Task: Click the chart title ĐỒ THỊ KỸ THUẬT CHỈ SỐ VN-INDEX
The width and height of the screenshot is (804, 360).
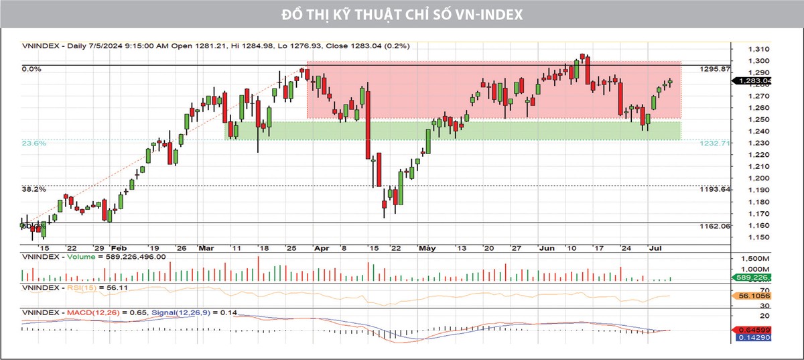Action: [401, 14]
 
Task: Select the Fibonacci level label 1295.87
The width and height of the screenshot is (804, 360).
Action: [714, 69]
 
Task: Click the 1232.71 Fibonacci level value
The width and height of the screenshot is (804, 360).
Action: [714, 143]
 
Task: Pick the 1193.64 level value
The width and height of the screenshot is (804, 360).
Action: [714, 190]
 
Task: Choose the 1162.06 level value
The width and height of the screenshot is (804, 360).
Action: [714, 227]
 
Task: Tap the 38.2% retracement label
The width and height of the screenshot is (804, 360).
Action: [33, 190]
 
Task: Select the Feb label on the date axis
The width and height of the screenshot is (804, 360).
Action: [119, 247]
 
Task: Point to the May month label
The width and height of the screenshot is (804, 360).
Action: [427, 247]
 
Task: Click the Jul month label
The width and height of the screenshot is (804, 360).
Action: [655, 247]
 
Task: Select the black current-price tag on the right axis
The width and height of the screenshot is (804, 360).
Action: [754, 80]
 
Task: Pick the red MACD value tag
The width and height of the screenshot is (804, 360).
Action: [754, 330]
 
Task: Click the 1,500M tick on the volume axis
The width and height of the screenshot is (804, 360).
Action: [757, 258]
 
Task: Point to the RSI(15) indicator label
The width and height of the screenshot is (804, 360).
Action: [80, 288]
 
